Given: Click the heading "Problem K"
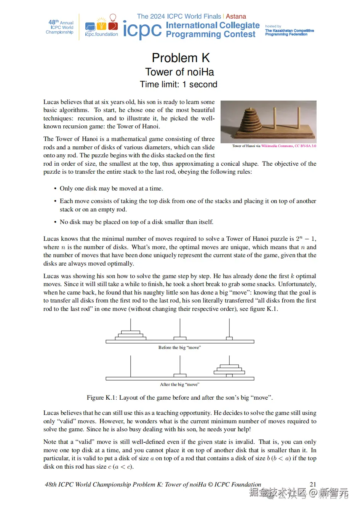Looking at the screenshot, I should [x=181, y=58].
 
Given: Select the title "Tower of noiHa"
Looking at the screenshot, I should [x=179, y=72].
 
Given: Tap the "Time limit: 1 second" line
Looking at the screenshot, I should [x=178, y=85].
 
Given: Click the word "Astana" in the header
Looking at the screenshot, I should [x=236, y=16].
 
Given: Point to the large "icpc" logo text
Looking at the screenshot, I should [x=142, y=30].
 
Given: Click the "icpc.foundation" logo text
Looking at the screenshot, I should [x=101, y=34].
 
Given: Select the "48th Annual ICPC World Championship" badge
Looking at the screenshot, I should [x=60, y=27].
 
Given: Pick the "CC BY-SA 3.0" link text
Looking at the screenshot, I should [x=306, y=146].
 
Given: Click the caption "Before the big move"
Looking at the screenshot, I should [x=179, y=347].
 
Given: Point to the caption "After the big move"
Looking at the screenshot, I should [x=179, y=384].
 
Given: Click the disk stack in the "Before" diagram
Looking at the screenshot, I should [x=130, y=335].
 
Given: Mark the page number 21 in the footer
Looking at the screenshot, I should [x=313, y=484].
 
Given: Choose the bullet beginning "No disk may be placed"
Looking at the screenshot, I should [x=136, y=222].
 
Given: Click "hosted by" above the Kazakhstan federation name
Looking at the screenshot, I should [x=273, y=26].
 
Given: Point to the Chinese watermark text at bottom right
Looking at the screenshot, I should [x=299, y=493].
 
